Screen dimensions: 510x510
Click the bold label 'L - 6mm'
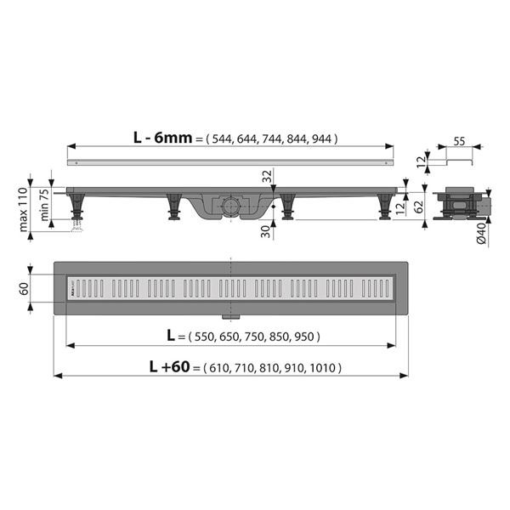click(161, 139)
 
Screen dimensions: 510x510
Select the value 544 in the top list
click(222, 139)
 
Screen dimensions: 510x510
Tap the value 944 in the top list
click(324, 139)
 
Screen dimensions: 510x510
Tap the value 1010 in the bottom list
click(324, 368)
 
